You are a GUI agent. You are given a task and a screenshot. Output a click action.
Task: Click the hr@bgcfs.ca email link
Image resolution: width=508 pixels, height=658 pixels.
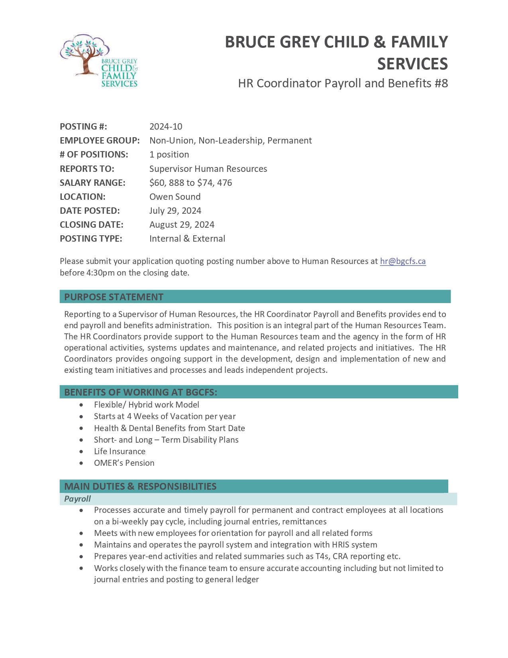tap(402, 261)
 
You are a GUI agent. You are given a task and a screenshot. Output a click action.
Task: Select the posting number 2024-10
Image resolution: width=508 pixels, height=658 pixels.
tap(166, 126)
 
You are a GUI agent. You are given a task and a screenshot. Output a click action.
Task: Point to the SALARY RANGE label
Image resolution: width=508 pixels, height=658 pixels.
tap(92, 183)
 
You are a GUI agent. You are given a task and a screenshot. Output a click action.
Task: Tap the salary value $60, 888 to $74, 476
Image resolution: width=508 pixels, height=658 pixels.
tap(190, 183)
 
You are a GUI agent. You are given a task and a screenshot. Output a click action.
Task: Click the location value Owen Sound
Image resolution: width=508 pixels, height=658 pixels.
tap(175, 197)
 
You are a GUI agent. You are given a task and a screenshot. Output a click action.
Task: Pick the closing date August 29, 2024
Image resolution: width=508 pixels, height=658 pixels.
tap(182, 225)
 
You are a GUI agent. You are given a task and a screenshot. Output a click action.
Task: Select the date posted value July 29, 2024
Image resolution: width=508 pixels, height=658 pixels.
tap(175, 211)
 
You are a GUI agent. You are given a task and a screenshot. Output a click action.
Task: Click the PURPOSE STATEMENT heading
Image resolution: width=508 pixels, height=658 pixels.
tap(114, 297)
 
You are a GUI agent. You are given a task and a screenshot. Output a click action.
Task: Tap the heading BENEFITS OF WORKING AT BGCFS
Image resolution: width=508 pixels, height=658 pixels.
tap(141, 392)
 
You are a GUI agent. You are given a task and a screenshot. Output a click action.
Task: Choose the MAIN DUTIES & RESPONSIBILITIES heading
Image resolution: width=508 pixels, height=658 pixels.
tap(140, 486)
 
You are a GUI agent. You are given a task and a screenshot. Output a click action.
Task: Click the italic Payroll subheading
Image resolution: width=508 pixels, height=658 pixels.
tap(77, 498)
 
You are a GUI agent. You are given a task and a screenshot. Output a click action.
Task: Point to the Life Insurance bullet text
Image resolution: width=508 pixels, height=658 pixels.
tap(120, 451)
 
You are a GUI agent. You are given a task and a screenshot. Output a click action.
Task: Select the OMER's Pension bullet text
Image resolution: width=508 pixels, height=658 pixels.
tap(124, 463)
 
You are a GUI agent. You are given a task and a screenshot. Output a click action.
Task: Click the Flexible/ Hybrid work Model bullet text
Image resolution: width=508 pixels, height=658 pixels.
tap(146, 404)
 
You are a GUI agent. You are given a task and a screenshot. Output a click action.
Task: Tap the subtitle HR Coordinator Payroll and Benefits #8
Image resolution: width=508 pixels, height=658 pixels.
tap(343, 83)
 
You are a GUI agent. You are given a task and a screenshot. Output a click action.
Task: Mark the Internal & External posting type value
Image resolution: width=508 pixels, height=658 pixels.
tap(187, 238)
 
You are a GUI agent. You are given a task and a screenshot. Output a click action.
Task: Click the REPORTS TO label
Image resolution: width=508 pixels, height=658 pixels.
tap(87, 169)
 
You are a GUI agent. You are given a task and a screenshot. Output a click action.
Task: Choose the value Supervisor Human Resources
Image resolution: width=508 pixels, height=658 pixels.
tap(208, 169)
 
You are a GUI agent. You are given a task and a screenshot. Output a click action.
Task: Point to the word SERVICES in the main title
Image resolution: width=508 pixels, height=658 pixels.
tap(412, 64)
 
